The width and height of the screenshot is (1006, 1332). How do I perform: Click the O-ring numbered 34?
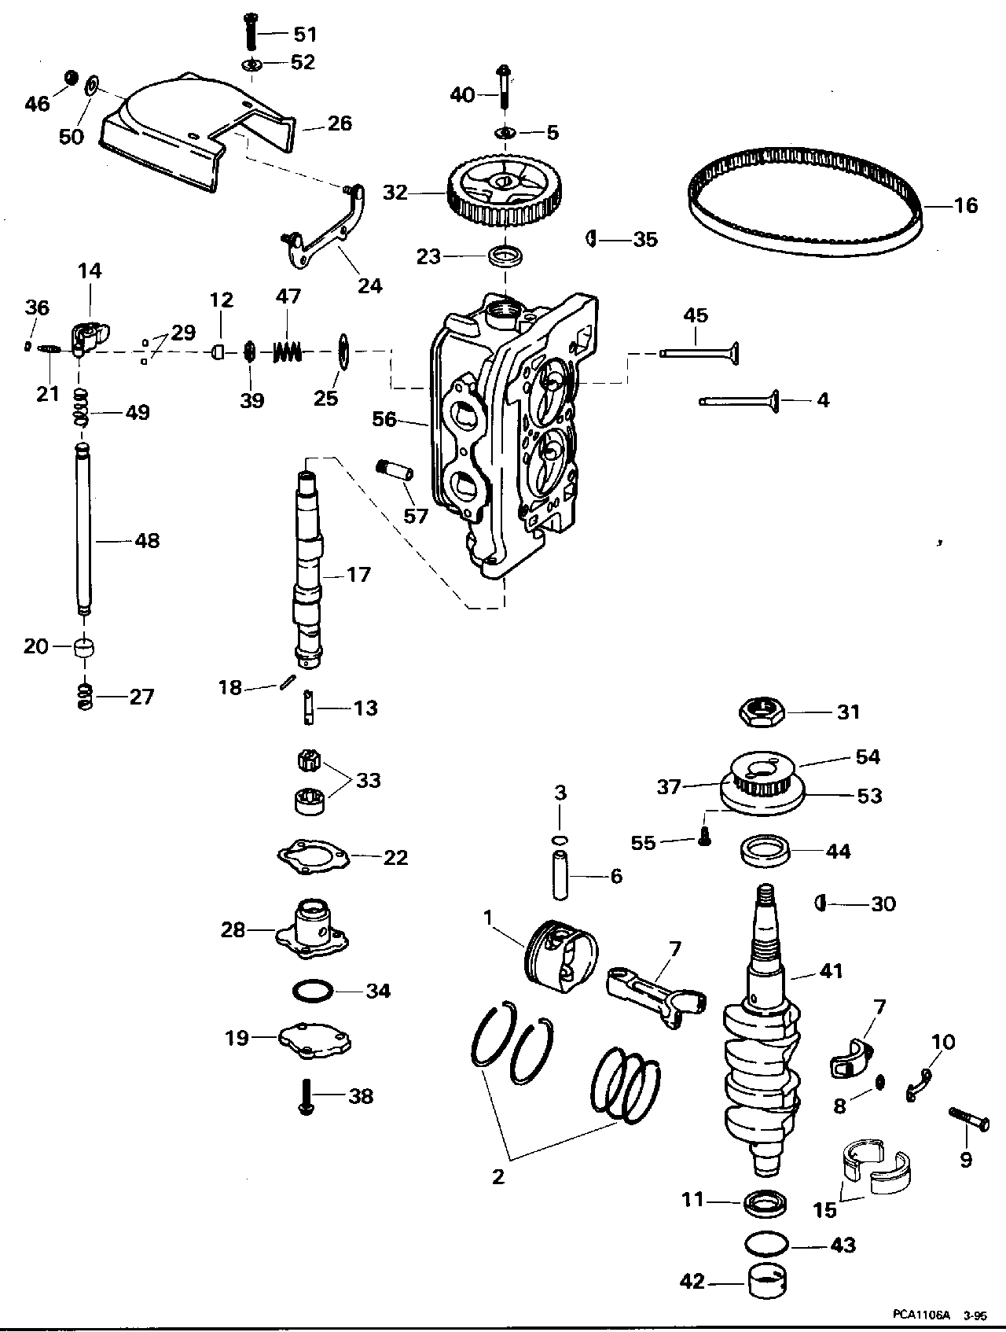click(x=310, y=991)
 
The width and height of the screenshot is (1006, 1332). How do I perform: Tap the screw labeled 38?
click(x=306, y=1096)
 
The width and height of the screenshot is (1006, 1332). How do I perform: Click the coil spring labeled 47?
click(x=288, y=351)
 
